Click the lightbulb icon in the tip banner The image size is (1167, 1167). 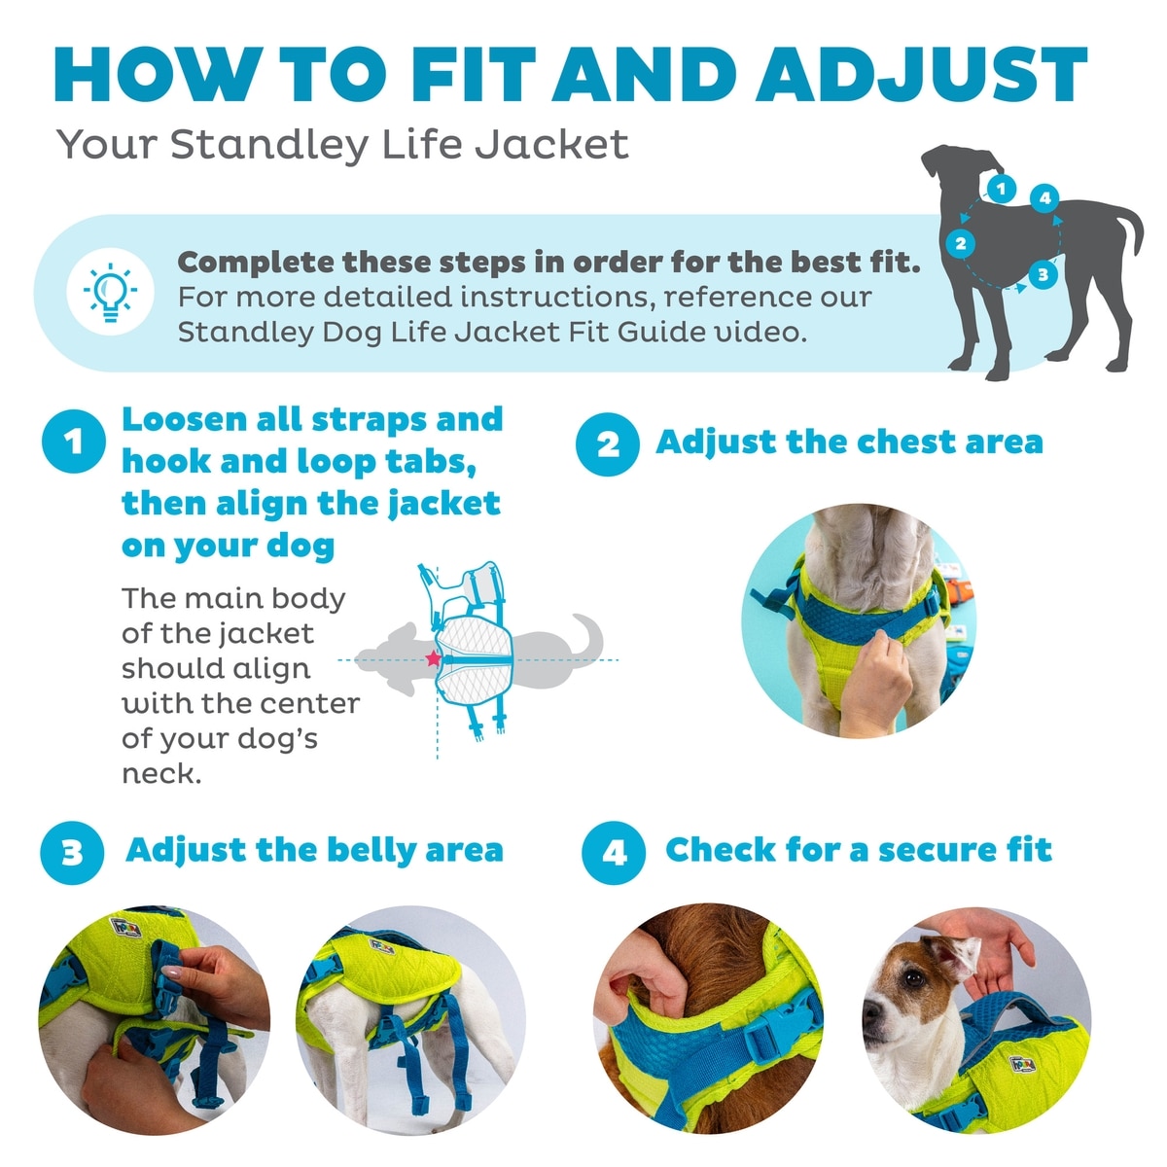pyautogui.click(x=110, y=292)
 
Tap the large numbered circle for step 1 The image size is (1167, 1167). pyautogui.click(x=73, y=441)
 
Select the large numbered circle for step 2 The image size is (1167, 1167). pyautogui.click(x=608, y=444)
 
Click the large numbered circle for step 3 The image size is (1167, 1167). pyautogui.click(x=72, y=853)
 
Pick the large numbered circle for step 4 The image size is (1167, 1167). pyautogui.click(x=614, y=853)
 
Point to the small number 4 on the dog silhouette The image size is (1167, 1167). pyautogui.click(x=1044, y=197)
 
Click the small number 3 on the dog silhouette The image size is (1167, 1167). pyautogui.click(x=1043, y=275)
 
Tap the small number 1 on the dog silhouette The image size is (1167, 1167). pyautogui.click(x=1001, y=189)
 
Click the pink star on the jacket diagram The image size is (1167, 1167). pyautogui.click(x=433, y=657)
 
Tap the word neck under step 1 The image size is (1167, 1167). pyautogui.click(x=161, y=773)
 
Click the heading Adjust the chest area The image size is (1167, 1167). pyautogui.click(x=850, y=442)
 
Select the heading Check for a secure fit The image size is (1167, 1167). pyautogui.click(x=859, y=849)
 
